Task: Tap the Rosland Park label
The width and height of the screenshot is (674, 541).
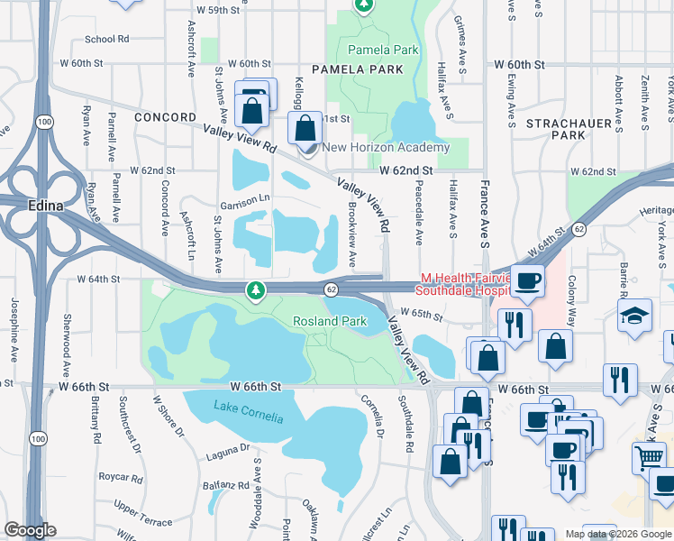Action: coord(330,321)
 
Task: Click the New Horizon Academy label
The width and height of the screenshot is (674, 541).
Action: coord(386,148)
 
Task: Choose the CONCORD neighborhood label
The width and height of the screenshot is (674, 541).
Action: coord(165,117)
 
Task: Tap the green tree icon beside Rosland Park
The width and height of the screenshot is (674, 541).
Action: coord(258,290)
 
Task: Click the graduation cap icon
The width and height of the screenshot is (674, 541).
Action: coord(635,316)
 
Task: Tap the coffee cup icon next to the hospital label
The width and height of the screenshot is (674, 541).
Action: coord(527,281)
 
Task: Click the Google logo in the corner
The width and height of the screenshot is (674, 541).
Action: coord(30,530)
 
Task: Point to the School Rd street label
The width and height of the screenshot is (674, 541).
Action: coord(107,40)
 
